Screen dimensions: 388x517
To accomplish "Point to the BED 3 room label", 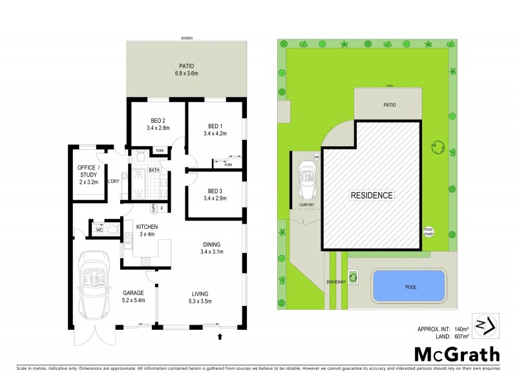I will click(x=215, y=194).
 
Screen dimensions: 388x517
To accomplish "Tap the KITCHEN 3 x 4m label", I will click(x=147, y=230).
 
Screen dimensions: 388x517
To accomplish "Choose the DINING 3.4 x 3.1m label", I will click(x=212, y=248).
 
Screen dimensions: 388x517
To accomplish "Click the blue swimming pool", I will click(x=408, y=285).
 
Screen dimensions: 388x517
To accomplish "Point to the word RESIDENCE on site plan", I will click(x=372, y=195).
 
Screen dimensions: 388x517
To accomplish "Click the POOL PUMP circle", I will click(x=428, y=231).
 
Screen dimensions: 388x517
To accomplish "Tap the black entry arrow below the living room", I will click(x=221, y=336).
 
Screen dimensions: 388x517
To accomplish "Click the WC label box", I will click(x=100, y=229).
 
